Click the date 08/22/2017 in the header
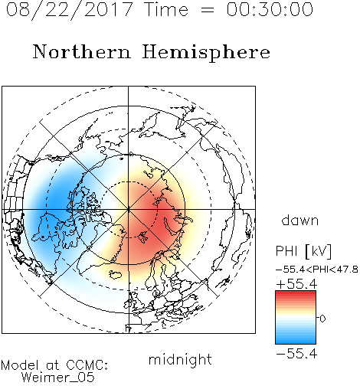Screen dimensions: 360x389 click(x=69, y=10)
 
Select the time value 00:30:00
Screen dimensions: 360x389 click(x=270, y=9)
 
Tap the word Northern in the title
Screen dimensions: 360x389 click(x=82, y=52)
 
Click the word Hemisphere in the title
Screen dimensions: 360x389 click(x=206, y=53)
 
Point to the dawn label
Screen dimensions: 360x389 click(x=300, y=220)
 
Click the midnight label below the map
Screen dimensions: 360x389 click(x=180, y=360)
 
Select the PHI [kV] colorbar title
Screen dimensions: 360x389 click(x=303, y=251)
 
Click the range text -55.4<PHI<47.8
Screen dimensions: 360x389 click(x=317, y=270)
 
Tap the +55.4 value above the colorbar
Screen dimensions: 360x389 click(x=296, y=284)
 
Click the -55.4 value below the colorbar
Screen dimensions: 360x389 click(x=296, y=354)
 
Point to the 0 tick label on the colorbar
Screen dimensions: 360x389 click(x=322, y=319)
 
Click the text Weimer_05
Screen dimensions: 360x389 click(x=58, y=377)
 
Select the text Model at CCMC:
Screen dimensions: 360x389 click(x=54, y=365)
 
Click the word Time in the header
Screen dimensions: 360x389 click(x=166, y=9)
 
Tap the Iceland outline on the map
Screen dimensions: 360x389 click(x=116, y=275)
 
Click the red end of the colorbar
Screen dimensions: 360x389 click(x=296, y=294)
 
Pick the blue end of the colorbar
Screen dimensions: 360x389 click(x=296, y=341)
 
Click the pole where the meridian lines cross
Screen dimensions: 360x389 click(x=129, y=209)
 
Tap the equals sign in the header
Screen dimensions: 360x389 click(x=208, y=10)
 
